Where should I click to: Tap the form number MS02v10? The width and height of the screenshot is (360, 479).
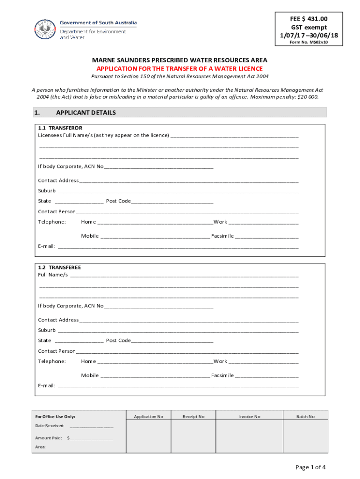pyautogui.click(x=309, y=42)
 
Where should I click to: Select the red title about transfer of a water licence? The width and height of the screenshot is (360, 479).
pyautogui.click(x=180, y=68)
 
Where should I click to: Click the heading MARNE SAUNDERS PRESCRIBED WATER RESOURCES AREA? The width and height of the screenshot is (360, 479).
pyautogui.click(x=180, y=60)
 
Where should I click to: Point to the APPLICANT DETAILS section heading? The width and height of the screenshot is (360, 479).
pyautogui.click(x=86, y=113)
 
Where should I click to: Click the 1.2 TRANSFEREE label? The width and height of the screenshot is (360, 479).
pyautogui.click(x=59, y=268)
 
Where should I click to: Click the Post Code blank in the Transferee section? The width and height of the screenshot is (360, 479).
pyautogui.click(x=172, y=341)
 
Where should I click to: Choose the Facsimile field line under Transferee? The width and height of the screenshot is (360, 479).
pyautogui.click(x=266, y=376)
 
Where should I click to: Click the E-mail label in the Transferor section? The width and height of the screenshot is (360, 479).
pyautogui.click(x=46, y=246)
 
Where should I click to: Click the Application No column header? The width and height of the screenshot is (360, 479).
pyautogui.click(x=149, y=416)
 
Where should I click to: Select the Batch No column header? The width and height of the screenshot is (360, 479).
pyautogui.click(x=305, y=416)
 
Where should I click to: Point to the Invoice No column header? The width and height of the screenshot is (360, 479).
pyautogui.click(x=250, y=416)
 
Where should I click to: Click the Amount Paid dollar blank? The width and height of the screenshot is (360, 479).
pyautogui.click(x=92, y=439)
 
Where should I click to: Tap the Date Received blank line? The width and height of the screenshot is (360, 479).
pyautogui.click(x=92, y=427)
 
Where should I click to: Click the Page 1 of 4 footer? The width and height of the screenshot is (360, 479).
pyautogui.click(x=310, y=467)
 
